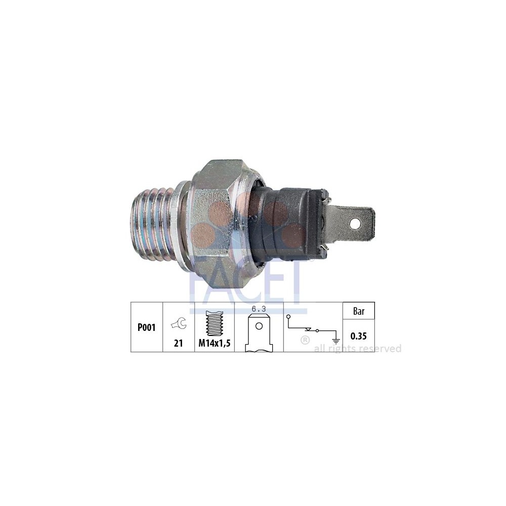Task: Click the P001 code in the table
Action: pos(147,327)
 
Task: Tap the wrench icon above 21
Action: pos(179,323)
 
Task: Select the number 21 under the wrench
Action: pos(179,344)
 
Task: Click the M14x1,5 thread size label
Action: pos(215,344)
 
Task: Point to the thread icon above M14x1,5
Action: pos(214,323)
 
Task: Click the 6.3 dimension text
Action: pos(259,309)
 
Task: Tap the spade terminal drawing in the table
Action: pos(259,333)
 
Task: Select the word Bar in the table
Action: pos(359,311)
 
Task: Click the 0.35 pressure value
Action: pos(359,336)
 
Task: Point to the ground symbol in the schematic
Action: pos(336,341)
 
